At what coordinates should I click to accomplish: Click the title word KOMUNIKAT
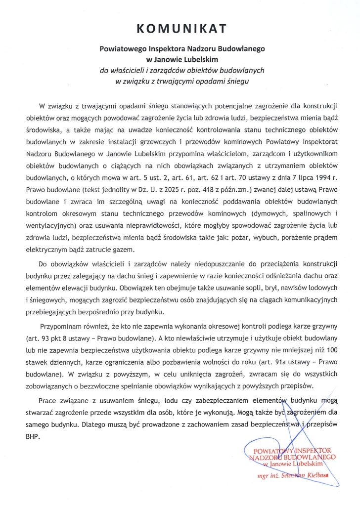coord(180,29)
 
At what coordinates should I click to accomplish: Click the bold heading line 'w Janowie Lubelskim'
coord(180,60)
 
